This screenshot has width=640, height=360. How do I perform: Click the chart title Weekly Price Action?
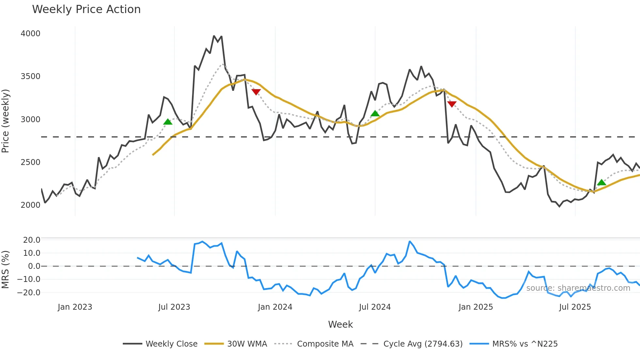point(86,9)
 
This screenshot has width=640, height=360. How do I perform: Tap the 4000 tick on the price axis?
point(30,34)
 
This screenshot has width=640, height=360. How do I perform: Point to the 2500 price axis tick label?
point(30,162)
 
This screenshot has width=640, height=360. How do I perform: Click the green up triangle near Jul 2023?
point(168,122)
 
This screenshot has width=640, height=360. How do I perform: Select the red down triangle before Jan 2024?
point(256,92)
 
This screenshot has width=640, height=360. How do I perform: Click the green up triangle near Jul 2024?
point(375,114)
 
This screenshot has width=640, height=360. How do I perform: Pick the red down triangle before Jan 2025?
point(452,104)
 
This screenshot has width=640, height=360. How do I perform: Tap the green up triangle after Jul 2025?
point(601,183)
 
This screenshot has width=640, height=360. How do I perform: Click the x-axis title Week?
point(340,324)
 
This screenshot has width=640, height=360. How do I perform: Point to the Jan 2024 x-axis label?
point(275,307)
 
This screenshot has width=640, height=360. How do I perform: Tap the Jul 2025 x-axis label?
point(575,307)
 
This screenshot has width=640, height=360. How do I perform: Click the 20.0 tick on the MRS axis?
point(32,240)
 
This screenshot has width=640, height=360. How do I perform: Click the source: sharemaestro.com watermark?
point(578,288)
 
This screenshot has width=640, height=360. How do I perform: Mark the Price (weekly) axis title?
point(6,121)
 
